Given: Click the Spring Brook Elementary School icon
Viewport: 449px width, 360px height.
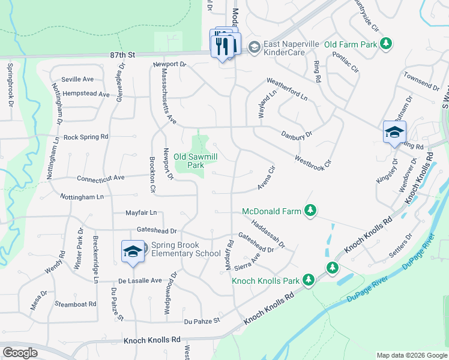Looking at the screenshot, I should [132, 251].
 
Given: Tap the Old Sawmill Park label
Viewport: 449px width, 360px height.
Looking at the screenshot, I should [195, 161].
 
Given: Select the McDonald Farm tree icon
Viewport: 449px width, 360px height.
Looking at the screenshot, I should [310, 211].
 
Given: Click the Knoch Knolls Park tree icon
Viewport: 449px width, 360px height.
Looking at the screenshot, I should [309, 280].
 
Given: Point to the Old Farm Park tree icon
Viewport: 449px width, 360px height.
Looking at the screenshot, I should [388, 44].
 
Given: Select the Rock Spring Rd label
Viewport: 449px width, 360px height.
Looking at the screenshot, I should [85, 137].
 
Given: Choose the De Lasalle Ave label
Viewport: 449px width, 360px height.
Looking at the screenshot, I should [140, 280].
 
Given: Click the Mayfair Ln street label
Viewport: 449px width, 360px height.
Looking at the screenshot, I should [140, 212].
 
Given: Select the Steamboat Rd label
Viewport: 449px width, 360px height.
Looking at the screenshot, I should [75, 304].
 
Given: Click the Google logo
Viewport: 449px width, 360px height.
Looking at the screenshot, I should [20, 353].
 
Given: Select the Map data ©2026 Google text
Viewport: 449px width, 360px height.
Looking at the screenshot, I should [411, 355].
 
